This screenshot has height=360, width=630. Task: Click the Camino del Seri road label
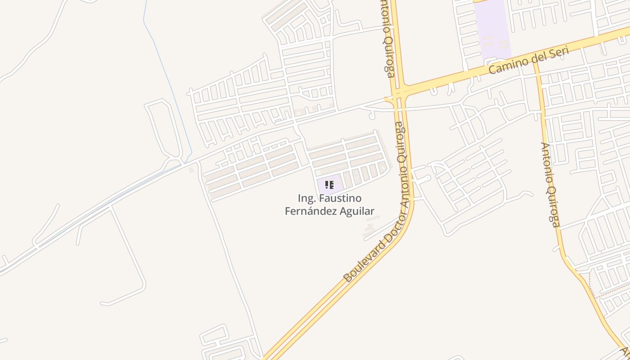529,60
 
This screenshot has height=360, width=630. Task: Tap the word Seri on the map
558,53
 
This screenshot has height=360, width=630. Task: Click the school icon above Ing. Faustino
329,184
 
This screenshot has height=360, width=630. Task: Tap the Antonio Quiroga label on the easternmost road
549,184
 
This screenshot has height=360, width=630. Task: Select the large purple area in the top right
493,29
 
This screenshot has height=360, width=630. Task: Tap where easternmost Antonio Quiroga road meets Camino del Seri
536,62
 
